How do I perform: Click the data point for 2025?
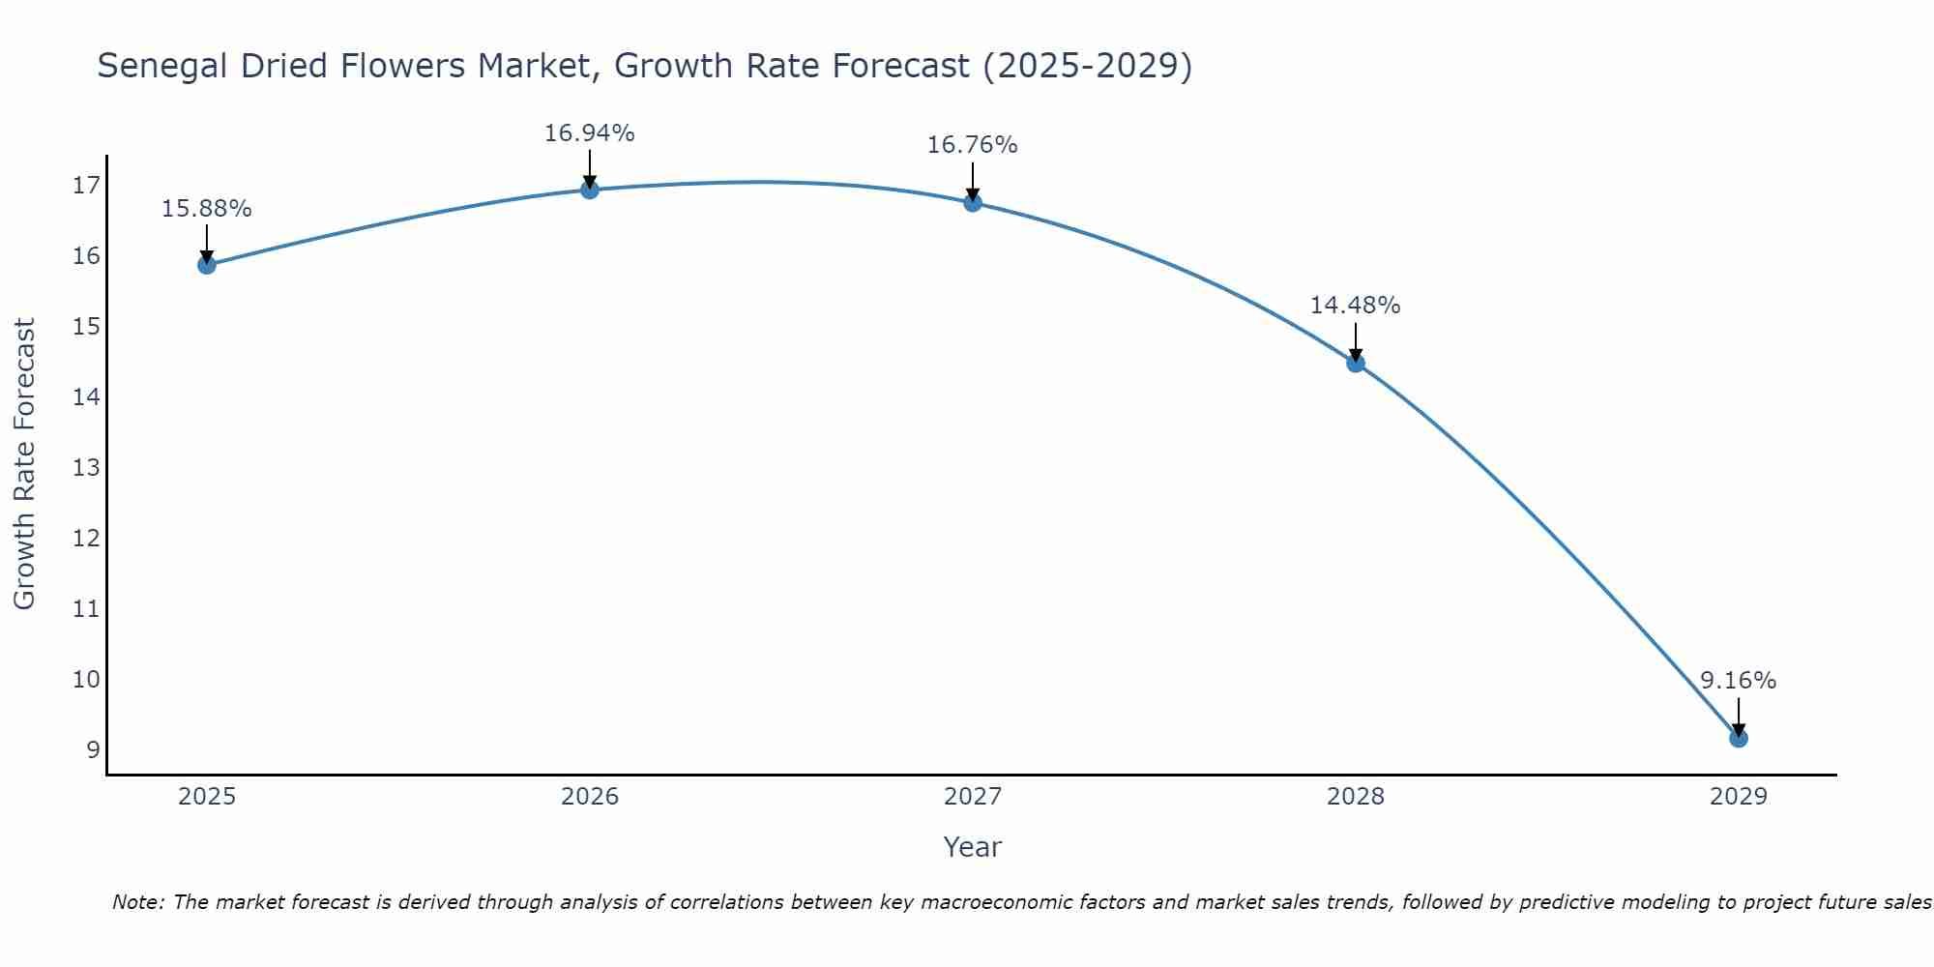[207, 265]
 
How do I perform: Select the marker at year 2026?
[590, 190]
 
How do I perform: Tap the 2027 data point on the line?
[973, 202]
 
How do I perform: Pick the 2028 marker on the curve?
[1356, 364]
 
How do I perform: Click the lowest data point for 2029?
[1739, 739]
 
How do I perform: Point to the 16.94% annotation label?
[589, 133]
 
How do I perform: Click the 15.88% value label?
[206, 209]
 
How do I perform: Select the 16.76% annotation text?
[972, 145]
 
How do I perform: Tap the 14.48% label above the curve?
[1355, 306]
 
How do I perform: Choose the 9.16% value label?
[1738, 681]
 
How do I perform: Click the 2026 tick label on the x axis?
[590, 797]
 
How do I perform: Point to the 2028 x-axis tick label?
[1356, 797]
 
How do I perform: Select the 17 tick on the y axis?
[87, 186]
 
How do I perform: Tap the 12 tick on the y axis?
[87, 539]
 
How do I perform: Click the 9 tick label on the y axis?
[93, 750]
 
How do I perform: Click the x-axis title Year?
[972, 847]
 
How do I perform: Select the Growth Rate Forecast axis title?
[25, 464]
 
